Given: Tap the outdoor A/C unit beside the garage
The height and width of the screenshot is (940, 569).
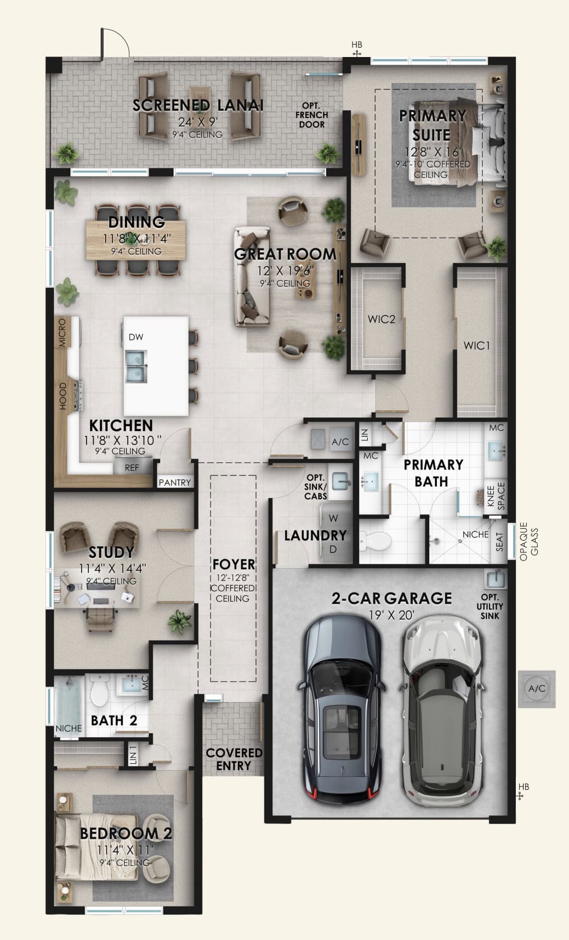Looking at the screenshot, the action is pyautogui.click(x=537, y=689).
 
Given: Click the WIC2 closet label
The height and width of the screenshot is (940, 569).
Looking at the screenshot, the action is pyautogui.click(x=381, y=319).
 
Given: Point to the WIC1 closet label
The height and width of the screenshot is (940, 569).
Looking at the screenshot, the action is pyautogui.click(x=477, y=346).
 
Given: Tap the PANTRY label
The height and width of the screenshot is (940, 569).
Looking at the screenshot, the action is pyautogui.click(x=175, y=483).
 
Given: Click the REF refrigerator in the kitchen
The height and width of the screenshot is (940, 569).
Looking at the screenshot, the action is pyautogui.click(x=132, y=467).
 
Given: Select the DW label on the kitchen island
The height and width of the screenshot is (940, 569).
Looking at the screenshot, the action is pyautogui.click(x=136, y=337).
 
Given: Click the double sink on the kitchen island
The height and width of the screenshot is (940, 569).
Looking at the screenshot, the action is pyautogui.click(x=136, y=366).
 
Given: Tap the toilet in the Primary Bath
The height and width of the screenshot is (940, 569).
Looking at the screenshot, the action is pyautogui.click(x=375, y=541).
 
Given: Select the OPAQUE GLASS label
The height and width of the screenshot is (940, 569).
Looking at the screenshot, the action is pyautogui.click(x=529, y=541).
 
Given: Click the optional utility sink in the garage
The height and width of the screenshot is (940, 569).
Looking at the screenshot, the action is pyautogui.click(x=496, y=579).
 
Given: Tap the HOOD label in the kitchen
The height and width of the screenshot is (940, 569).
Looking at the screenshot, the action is pyautogui.click(x=62, y=396).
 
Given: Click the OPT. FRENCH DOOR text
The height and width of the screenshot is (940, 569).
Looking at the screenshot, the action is pyautogui.click(x=311, y=115).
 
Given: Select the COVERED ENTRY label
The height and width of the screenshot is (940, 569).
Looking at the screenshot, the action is pyautogui.click(x=234, y=759).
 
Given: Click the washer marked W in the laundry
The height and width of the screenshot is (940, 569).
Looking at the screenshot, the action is pyautogui.click(x=333, y=519).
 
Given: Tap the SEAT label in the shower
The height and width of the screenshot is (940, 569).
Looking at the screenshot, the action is pyautogui.click(x=499, y=542).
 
